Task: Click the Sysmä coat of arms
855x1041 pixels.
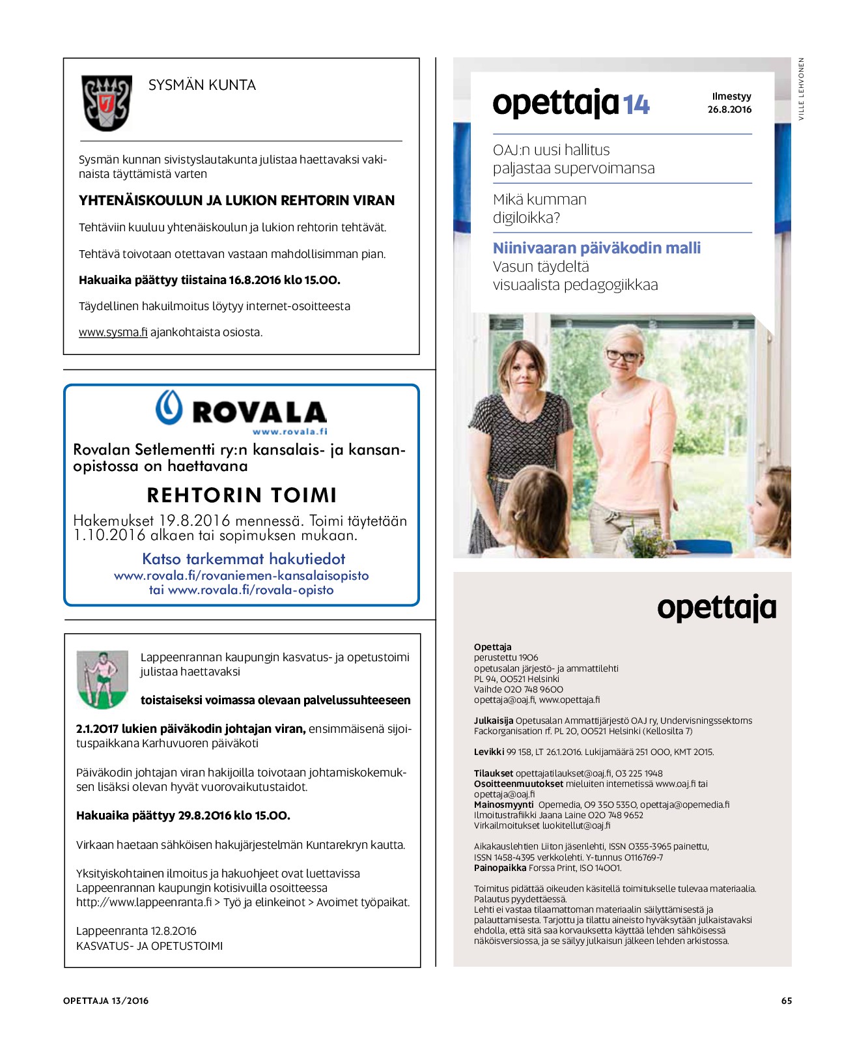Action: (106, 103)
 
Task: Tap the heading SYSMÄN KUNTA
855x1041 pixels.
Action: (202, 85)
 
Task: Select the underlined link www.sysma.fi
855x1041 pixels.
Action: (113, 332)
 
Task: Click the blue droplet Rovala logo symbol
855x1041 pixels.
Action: (169, 408)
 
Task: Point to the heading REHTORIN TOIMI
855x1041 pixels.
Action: (242, 495)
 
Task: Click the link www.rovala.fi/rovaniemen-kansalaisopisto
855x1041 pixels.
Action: (241, 576)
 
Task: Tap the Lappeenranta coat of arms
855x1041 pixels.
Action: (102, 679)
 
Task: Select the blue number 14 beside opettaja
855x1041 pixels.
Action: (636, 105)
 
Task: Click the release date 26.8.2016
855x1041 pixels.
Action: (729, 109)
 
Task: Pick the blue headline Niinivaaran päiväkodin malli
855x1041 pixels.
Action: (596, 248)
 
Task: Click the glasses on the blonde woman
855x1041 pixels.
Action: (623, 356)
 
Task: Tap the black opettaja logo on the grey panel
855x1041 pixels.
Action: (716, 608)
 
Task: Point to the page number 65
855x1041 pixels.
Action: (787, 1001)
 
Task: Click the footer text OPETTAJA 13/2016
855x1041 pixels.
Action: (105, 1001)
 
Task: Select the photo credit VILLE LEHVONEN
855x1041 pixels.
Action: (802, 89)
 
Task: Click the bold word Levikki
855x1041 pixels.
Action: (488, 752)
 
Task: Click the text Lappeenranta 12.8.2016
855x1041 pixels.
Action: (136, 931)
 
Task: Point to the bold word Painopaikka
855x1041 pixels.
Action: (499, 868)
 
